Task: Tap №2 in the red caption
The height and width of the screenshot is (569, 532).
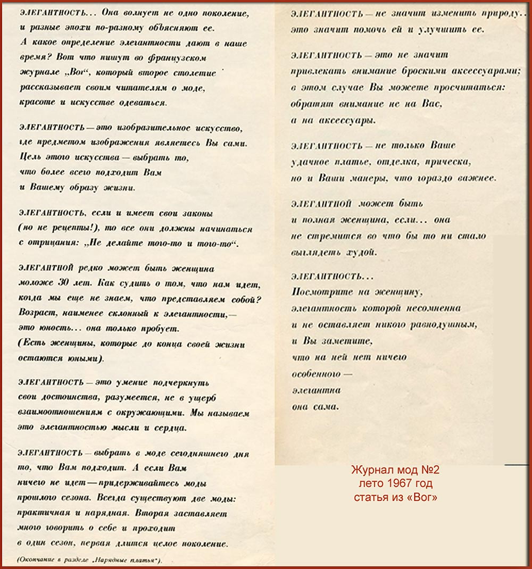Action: coord(429,471)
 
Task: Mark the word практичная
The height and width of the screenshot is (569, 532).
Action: coord(46,514)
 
